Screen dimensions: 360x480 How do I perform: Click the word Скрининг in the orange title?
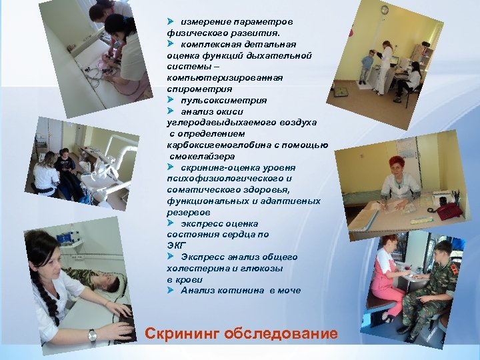coord(182,333)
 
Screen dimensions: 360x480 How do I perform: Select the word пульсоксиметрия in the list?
coord(223,100)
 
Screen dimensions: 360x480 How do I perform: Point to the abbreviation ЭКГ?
coord(177,245)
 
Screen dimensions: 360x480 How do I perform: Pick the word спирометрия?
coord(200,89)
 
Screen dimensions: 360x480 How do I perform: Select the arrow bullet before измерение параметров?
coord(171,22)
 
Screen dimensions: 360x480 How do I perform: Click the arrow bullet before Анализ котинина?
coord(171,290)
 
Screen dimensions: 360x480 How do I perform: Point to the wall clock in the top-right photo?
coord(384,10)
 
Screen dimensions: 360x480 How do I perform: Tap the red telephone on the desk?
coord(447,211)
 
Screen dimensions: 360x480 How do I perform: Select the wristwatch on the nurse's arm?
coord(92,335)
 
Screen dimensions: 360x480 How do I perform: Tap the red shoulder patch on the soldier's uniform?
coord(455,269)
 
